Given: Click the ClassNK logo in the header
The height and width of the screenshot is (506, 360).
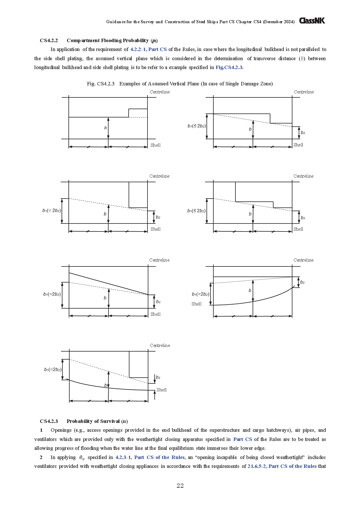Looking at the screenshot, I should pos(312,21).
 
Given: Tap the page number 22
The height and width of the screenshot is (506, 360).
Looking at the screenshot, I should pos(180,485).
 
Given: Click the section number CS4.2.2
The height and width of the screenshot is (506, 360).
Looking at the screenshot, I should pos(49,40).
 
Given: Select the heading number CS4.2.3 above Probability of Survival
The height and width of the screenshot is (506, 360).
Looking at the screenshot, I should pos(49,421).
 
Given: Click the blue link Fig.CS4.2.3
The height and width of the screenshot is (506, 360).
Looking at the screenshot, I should pos(229,67).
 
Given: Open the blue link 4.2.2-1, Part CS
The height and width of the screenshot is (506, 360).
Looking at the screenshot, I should pos(148,49).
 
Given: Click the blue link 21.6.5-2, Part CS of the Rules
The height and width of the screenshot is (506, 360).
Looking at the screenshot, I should pos(282,466).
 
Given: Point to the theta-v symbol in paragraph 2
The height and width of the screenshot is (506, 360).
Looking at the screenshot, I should pos(82,458).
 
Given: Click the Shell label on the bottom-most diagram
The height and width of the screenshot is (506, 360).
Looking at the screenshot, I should pos(162,390).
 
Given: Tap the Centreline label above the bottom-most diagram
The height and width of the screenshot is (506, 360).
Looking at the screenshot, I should pos(160,346).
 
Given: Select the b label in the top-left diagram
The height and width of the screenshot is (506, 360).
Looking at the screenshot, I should pos(105,128).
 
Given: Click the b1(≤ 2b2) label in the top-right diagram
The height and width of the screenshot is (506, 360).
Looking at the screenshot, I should pos(197,126).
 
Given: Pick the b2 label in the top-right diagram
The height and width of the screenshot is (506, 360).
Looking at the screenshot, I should pos(303,133).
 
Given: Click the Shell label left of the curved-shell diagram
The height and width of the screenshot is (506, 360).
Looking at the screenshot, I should pos(196,304).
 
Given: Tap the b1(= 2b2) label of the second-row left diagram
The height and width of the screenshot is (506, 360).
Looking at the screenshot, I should pos(52,211).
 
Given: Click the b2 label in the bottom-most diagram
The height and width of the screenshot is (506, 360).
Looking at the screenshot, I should pos(158,377).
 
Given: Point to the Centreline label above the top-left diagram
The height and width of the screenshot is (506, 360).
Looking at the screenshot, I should pos(160,92).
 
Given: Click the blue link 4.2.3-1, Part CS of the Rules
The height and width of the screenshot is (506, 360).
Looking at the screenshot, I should pos(150,457).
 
